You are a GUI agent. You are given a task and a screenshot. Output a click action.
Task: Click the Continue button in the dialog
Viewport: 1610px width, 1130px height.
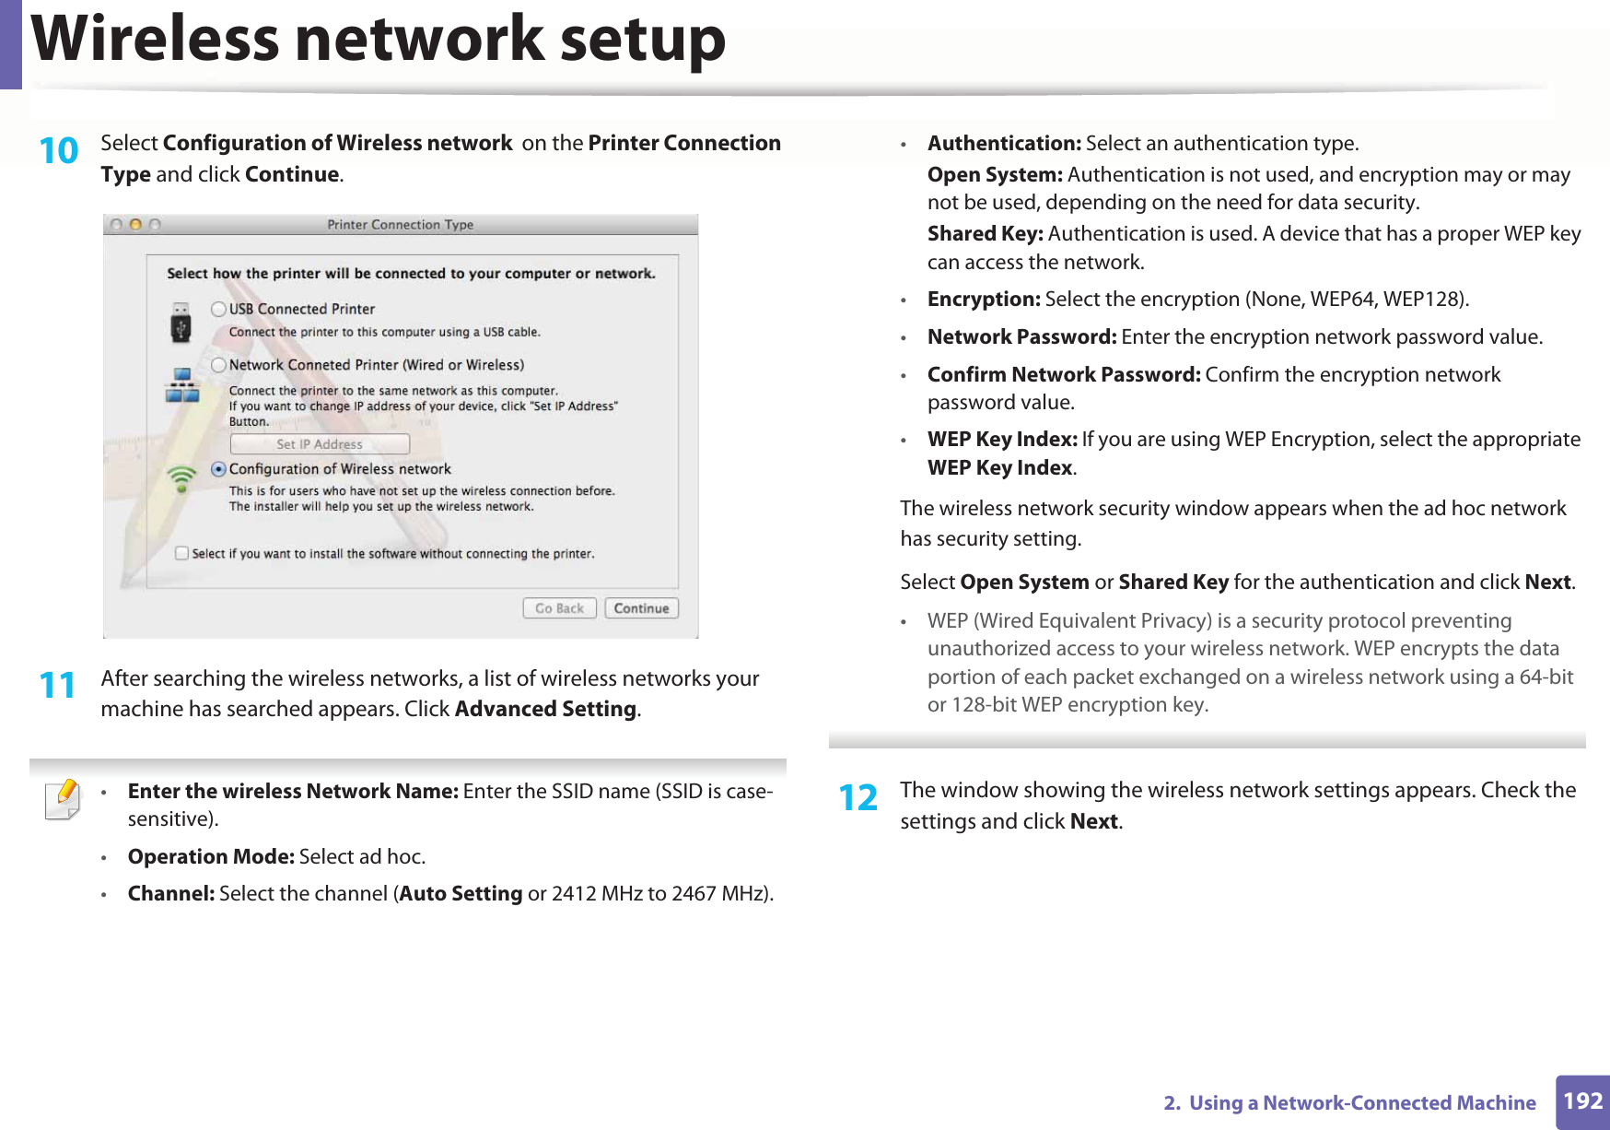[641, 608]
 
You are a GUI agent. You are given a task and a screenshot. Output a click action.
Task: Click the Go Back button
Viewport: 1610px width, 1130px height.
[559, 608]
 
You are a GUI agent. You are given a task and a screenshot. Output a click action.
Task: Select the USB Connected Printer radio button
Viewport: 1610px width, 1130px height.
[218, 309]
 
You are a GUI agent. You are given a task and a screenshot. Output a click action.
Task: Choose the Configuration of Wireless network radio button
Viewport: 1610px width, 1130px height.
[218, 469]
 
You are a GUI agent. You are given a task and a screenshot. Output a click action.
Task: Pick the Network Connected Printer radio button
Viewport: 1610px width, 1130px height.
[218, 365]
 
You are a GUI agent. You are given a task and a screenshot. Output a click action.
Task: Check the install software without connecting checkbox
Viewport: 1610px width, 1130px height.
[182, 553]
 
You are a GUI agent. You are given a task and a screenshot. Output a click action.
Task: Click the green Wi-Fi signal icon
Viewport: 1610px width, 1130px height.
[181, 477]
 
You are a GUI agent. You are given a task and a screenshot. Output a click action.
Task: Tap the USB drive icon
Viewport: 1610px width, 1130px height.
[181, 323]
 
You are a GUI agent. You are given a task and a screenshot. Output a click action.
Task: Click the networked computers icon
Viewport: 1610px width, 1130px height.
[181, 385]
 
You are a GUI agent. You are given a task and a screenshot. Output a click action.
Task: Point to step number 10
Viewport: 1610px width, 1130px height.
[59, 150]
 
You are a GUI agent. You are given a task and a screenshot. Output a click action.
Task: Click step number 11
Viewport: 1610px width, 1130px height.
[57, 686]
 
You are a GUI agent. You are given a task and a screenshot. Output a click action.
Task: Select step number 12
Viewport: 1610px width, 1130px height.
[857, 798]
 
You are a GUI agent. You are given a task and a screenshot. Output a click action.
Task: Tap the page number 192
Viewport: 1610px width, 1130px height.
[1582, 1101]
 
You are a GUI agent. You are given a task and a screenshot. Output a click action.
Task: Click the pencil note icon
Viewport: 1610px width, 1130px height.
[63, 799]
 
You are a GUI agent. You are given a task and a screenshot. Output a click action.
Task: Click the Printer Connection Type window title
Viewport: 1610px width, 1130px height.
[401, 225]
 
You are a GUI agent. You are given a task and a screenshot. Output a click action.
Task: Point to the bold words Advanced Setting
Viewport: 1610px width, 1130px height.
[545, 709]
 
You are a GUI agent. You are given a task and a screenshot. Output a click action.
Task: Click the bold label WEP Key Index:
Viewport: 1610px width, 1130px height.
[1002, 440]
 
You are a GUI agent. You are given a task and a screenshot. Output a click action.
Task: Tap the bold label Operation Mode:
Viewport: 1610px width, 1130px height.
[211, 856]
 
